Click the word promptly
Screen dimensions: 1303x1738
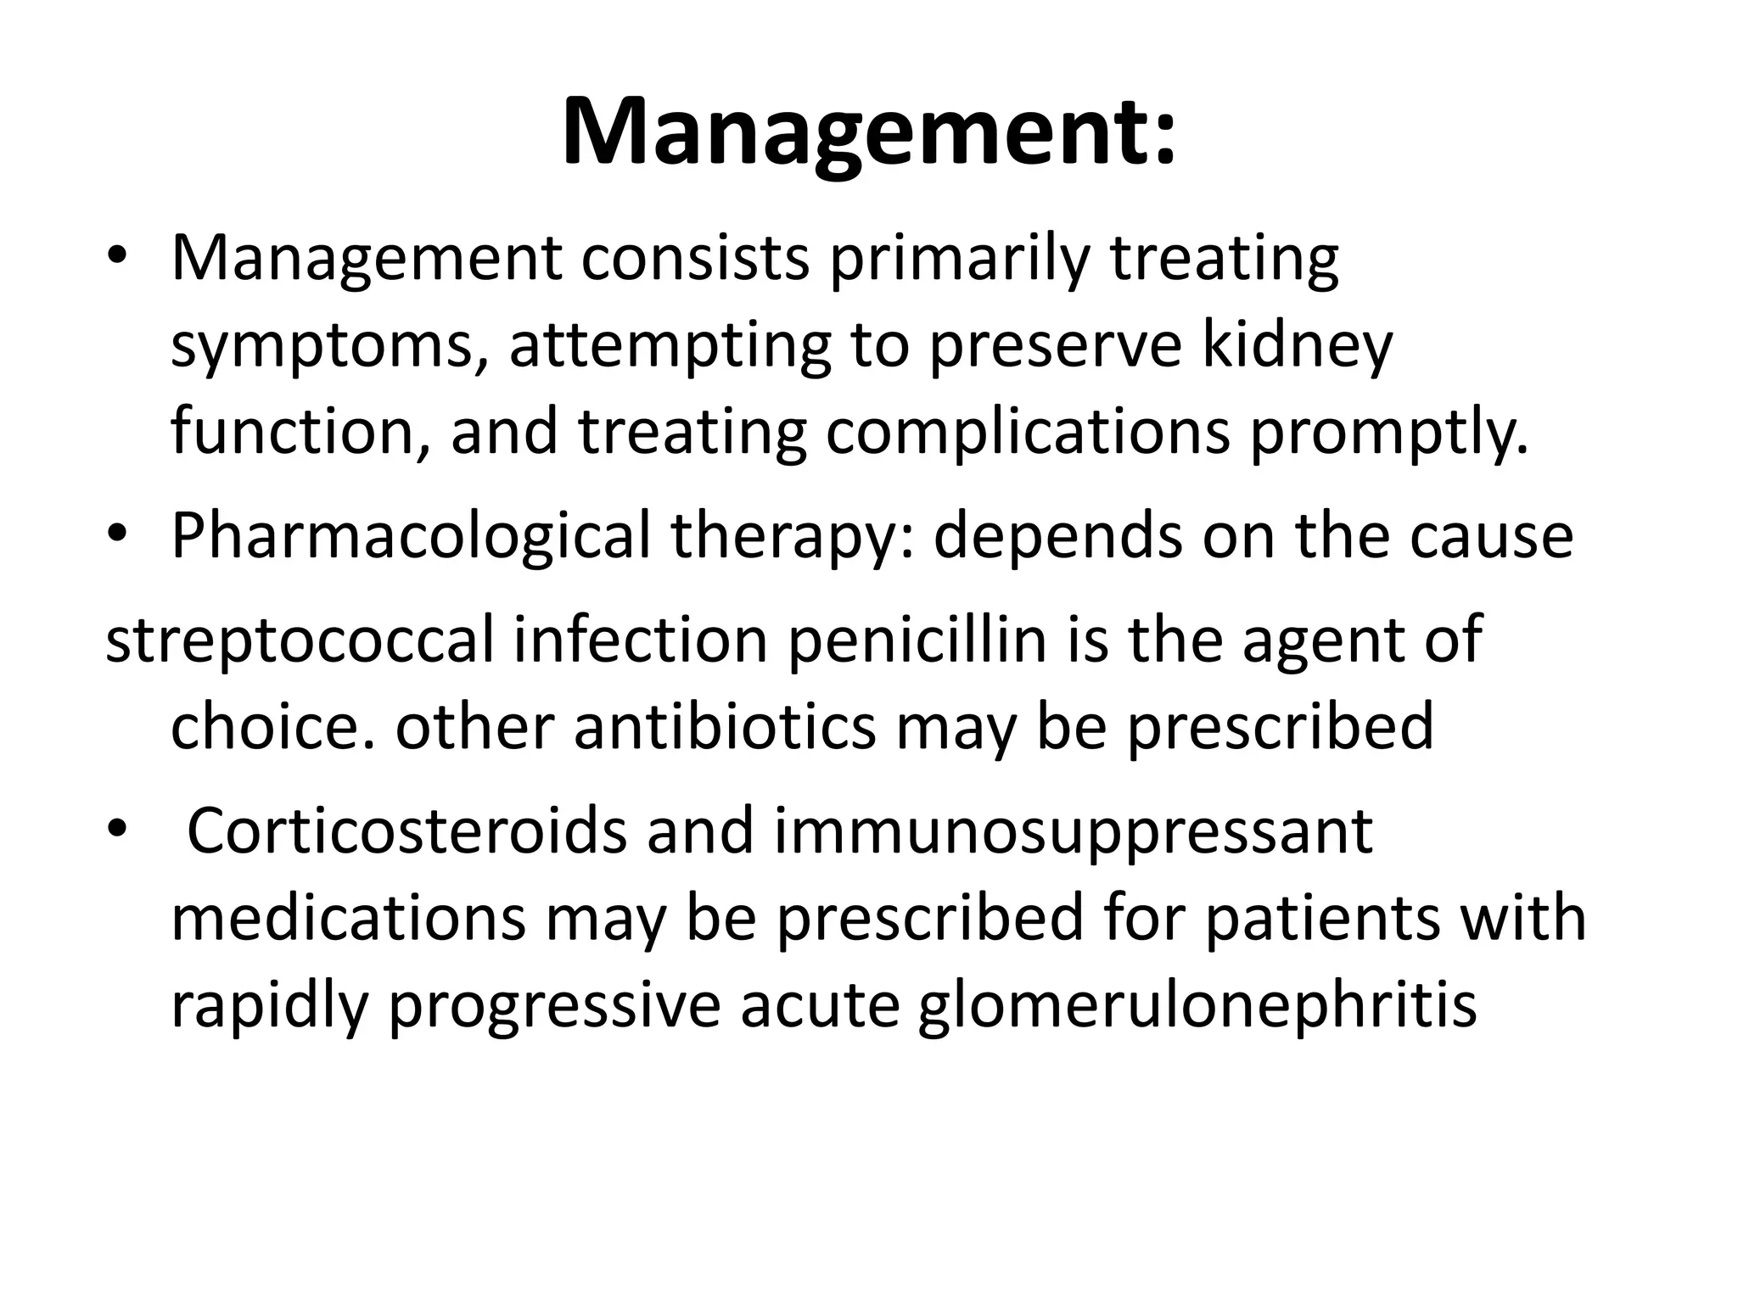pos(1388,433)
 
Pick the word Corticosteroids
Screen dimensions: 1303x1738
pos(406,832)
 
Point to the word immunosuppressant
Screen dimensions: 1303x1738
pos(1073,834)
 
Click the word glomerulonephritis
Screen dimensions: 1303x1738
pos(1197,1007)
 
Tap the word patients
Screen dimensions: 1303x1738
pos(1323,919)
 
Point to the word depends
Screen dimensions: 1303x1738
pos(1057,539)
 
